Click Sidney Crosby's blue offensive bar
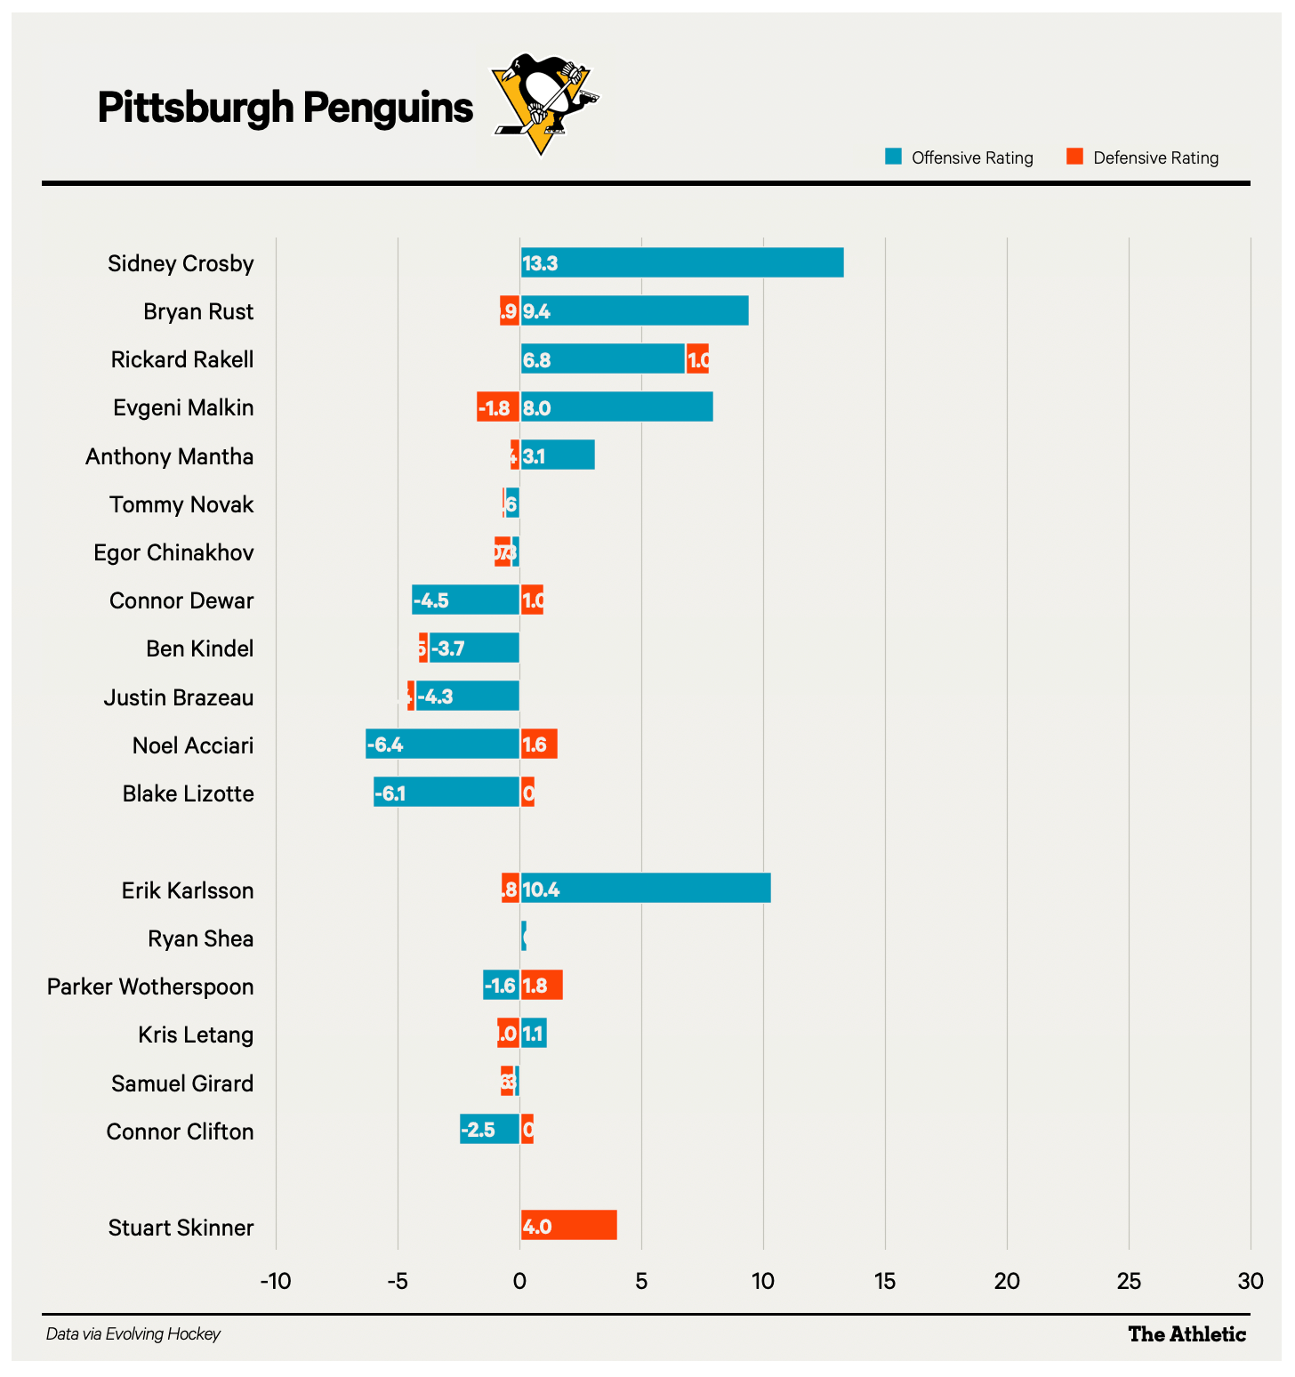pos(682,263)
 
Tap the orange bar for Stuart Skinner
pos(569,1226)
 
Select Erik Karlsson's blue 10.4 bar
pos(646,889)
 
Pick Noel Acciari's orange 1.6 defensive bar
pos(539,744)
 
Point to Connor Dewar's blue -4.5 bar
pos(465,600)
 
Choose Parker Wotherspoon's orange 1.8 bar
pos(542,986)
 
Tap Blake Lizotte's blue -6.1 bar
pos(446,792)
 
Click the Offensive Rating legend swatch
pos(894,157)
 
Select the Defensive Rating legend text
pos(1155,158)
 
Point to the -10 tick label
pos(276,1281)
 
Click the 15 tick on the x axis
pos(885,1281)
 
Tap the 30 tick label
pos(1251,1281)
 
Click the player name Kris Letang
pos(196,1035)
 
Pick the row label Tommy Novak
pos(181,504)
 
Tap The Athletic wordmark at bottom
pos(1186,1334)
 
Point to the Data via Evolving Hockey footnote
pos(133,1334)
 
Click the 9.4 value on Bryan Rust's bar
pos(536,311)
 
